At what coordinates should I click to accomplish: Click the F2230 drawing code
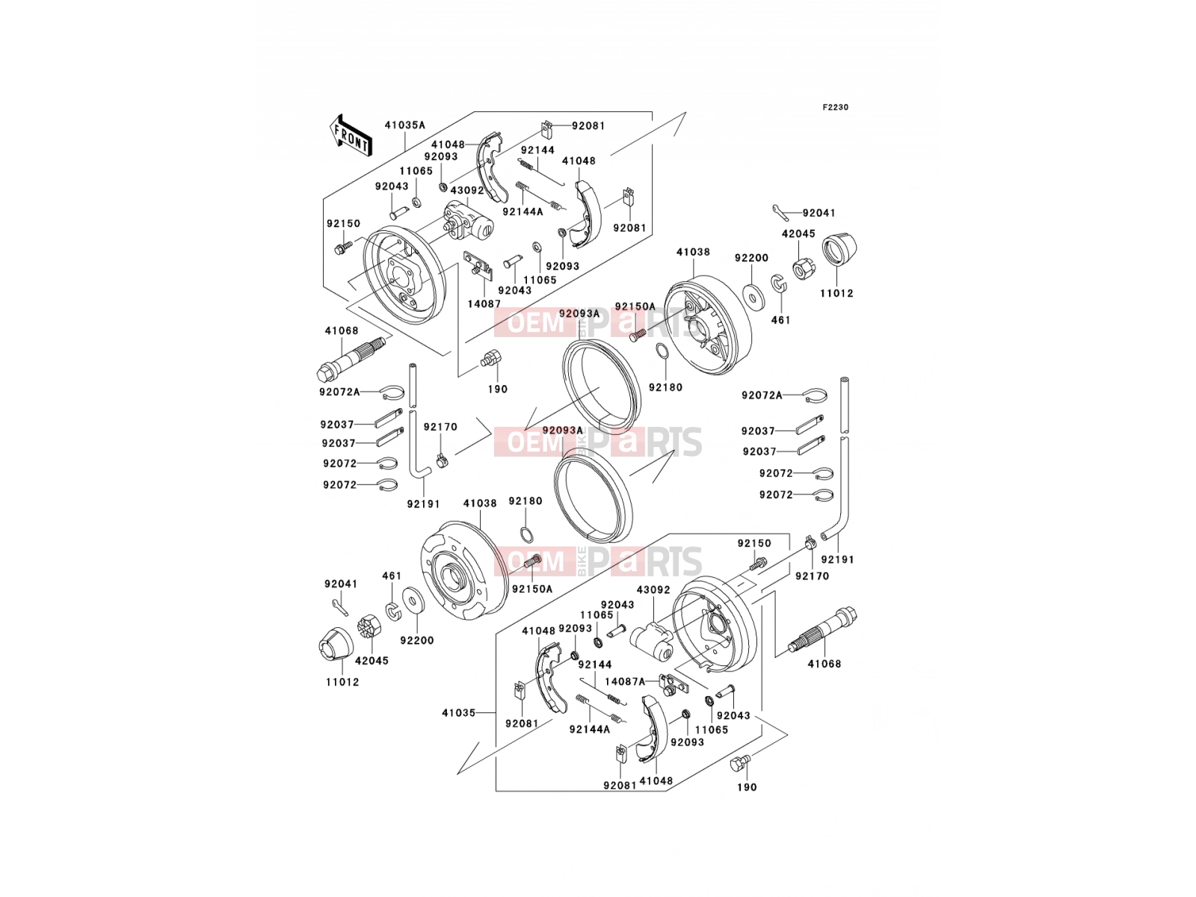point(835,108)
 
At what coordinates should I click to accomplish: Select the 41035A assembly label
point(405,125)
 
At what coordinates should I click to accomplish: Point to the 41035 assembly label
point(459,712)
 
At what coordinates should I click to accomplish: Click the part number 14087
point(484,304)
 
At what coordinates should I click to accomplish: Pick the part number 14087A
point(624,681)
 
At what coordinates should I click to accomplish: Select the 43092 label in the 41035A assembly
point(467,191)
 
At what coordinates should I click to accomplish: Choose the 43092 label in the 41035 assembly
point(653,589)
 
